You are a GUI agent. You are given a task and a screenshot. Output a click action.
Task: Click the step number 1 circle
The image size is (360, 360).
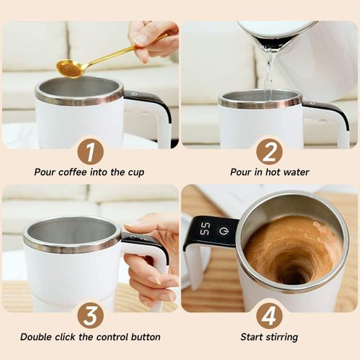tap(90, 151)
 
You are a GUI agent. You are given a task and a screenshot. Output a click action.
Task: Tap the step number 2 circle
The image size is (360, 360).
tap(269, 151)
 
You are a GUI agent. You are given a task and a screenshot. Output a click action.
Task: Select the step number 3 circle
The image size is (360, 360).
tap(90, 315)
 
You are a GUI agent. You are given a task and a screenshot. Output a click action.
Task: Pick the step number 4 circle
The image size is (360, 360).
tap(269, 315)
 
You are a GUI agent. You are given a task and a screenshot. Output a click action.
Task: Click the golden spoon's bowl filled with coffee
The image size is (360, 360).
tap(71, 68)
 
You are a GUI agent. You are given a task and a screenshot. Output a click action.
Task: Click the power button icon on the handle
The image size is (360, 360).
tap(223, 231)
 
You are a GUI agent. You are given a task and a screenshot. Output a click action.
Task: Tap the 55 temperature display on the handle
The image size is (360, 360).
tap(204, 230)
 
